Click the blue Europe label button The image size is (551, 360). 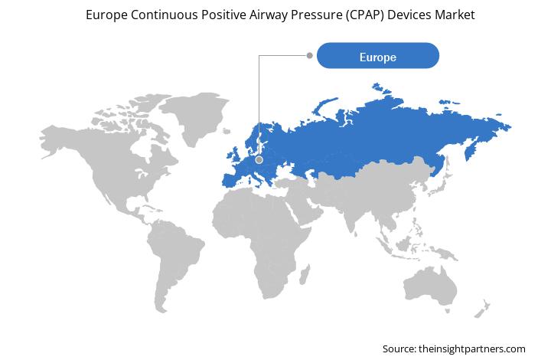click(x=378, y=56)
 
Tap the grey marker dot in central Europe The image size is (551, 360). click(x=259, y=160)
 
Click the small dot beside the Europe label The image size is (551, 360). click(x=310, y=55)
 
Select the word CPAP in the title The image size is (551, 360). click(x=366, y=15)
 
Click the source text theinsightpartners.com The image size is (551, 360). click(x=472, y=349)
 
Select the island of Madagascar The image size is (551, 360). click(x=305, y=275)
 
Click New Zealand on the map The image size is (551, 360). click(x=482, y=309)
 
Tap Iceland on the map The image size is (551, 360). click(x=227, y=131)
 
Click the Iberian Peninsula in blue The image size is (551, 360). click(x=230, y=180)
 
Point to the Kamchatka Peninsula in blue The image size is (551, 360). click(x=470, y=150)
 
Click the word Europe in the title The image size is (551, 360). click(x=106, y=15)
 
